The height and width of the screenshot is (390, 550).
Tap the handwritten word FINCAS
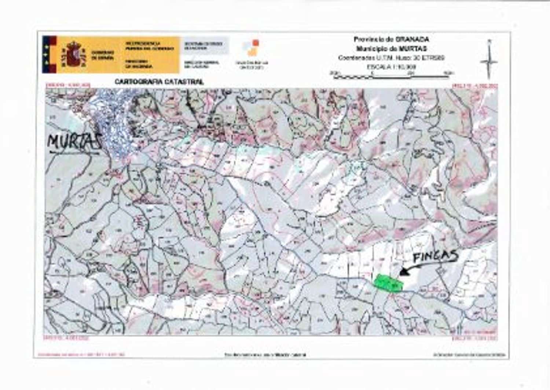(436, 256)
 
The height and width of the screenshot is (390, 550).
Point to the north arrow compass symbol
(489, 60)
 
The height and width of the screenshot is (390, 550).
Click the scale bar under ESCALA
(391, 76)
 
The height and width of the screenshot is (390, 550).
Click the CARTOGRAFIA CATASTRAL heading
(159, 82)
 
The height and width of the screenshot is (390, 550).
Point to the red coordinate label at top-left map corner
(67, 86)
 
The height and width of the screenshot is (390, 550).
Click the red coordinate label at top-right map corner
(475, 86)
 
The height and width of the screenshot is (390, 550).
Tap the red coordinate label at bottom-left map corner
(66, 337)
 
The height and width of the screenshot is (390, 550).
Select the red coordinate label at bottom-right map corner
(475, 337)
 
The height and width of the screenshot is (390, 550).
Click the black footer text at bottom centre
(265, 355)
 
